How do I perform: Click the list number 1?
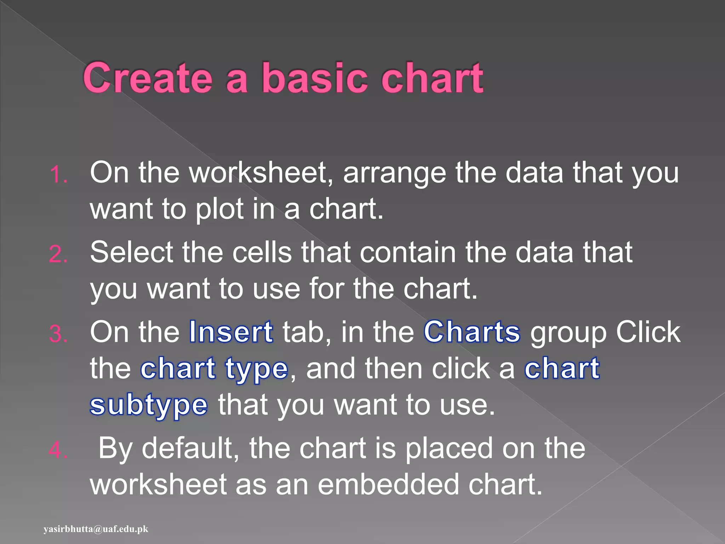tap(58, 175)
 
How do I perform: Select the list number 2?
tap(58, 254)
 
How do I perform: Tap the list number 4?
tap(58, 450)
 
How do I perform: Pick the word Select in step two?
tap(131, 253)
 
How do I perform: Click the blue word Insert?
tap(231, 332)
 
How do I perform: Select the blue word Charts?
tap(472, 332)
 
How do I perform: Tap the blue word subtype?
tap(149, 406)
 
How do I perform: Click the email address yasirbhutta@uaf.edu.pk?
tap(96, 529)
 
